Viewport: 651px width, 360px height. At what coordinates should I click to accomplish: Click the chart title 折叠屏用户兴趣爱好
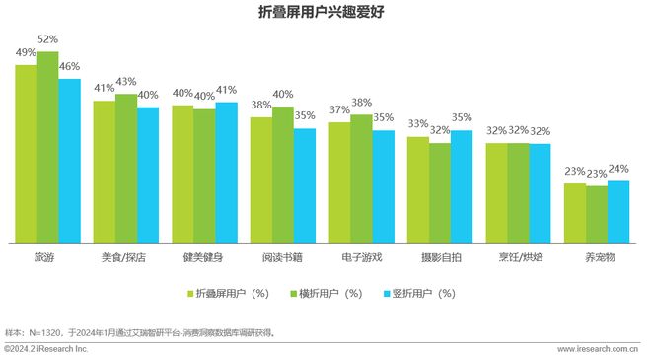(322, 11)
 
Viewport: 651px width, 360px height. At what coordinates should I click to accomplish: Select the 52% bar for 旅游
(47, 147)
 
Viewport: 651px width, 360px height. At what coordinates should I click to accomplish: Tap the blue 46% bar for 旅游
(70, 161)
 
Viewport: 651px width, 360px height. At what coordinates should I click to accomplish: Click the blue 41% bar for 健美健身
(226, 173)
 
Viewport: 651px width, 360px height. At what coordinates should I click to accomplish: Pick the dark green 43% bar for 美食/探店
(126, 169)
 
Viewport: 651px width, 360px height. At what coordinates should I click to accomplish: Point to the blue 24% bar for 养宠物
(618, 212)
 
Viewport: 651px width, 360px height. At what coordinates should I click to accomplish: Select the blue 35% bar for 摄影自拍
(462, 186)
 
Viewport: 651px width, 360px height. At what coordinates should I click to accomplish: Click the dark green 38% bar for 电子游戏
(361, 179)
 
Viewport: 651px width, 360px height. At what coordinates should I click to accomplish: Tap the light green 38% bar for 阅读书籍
(261, 180)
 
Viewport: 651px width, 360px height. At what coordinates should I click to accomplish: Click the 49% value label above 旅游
(26, 52)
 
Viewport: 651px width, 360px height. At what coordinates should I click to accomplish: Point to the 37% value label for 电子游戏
(339, 110)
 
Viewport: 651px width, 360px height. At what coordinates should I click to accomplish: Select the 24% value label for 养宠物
(618, 169)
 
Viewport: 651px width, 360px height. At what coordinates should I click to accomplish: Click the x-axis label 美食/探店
(123, 257)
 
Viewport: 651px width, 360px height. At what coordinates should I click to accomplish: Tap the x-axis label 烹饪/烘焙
(521, 257)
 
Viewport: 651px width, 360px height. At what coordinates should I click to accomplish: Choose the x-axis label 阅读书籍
(282, 257)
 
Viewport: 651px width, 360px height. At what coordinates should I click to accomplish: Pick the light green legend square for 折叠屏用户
(191, 294)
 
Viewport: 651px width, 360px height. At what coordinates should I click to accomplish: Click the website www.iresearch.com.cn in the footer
(598, 349)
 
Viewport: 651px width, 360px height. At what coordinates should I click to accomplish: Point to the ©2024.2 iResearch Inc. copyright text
(46, 349)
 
